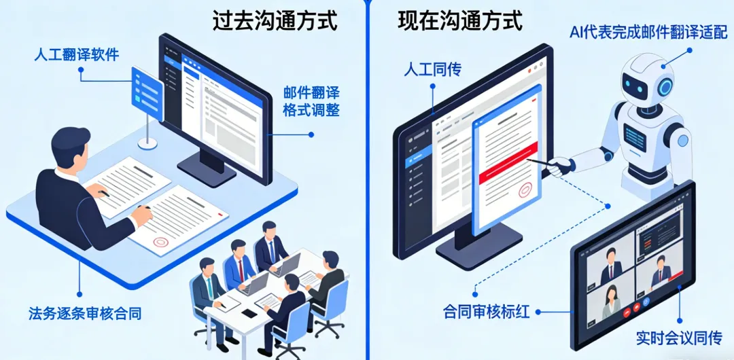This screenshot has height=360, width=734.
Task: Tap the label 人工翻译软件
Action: click(77, 54)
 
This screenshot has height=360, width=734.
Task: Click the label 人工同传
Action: click(432, 69)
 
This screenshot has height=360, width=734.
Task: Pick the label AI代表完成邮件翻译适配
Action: click(648, 31)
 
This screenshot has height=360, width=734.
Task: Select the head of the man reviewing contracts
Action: click(71, 146)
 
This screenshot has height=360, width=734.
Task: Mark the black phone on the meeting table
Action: click(250, 313)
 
